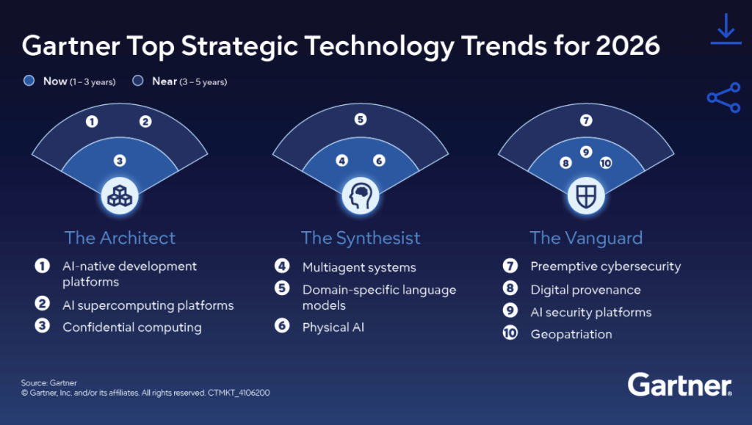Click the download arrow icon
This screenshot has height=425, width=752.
[x=726, y=29]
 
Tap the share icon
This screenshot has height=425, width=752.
[x=723, y=98]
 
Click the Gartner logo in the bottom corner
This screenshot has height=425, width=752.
[x=679, y=385]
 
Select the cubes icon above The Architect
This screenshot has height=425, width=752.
[x=119, y=195]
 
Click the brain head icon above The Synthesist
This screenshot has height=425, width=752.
[x=360, y=195]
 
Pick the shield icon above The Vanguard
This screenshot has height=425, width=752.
[x=586, y=195]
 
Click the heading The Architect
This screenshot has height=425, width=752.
[x=120, y=238]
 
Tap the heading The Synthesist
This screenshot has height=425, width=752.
[x=361, y=238]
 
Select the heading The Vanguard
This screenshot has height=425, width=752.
[x=586, y=238]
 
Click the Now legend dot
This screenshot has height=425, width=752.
[x=29, y=81]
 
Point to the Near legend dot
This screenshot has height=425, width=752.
[x=138, y=81]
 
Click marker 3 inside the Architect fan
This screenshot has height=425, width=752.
[x=119, y=160]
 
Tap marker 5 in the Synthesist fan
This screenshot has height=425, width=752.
[x=360, y=119]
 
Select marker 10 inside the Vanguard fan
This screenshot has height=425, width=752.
[x=606, y=163]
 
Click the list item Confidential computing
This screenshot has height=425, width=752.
[x=132, y=327]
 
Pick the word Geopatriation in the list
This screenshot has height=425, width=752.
[x=571, y=334]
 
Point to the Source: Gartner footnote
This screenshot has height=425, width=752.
[x=48, y=382]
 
